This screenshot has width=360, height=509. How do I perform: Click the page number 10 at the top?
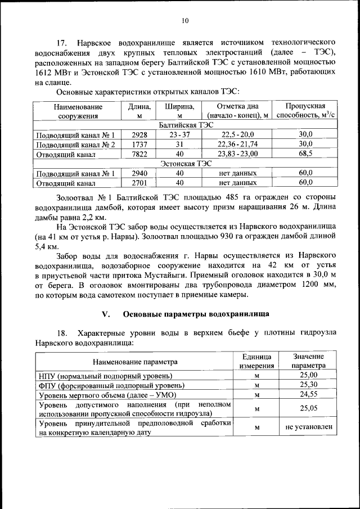coord(185,21)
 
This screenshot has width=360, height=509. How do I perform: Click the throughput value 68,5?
coord(305,154)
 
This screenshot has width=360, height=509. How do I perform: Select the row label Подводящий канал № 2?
coord(75,145)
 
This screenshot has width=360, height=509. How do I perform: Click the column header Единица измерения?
coord(257,361)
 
